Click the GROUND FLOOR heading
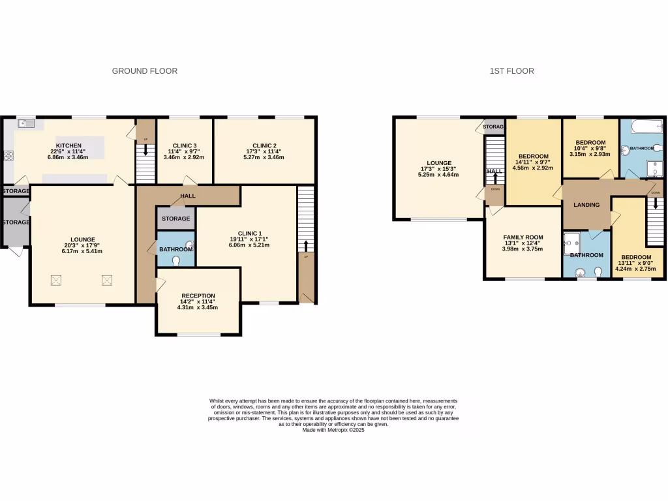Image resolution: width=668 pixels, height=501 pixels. (x=144, y=71)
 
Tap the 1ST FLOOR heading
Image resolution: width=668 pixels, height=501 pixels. (x=511, y=71)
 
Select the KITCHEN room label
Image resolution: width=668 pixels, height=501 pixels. (x=68, y=145)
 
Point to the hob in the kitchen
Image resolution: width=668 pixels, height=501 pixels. (x=9, y=156)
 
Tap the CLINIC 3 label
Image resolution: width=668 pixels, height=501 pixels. (x=184, y=145)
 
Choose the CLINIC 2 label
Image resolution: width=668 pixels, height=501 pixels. (x=265, y=145)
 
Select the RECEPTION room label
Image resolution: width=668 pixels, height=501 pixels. (x=198, y=296)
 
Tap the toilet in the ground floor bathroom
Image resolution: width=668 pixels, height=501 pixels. (x=177, y=260)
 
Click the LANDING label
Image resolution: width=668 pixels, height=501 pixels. (x=586, y=205)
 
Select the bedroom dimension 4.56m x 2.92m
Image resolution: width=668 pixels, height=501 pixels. (x=534, y=168)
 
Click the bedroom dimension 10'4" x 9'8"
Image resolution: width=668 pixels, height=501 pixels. (x=590, y=149)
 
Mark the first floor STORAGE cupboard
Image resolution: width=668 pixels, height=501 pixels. (x=494, y=127)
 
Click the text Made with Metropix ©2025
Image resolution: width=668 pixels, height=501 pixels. (x=333, y=430)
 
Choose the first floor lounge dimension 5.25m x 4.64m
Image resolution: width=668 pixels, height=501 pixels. (x=439, y=175)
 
